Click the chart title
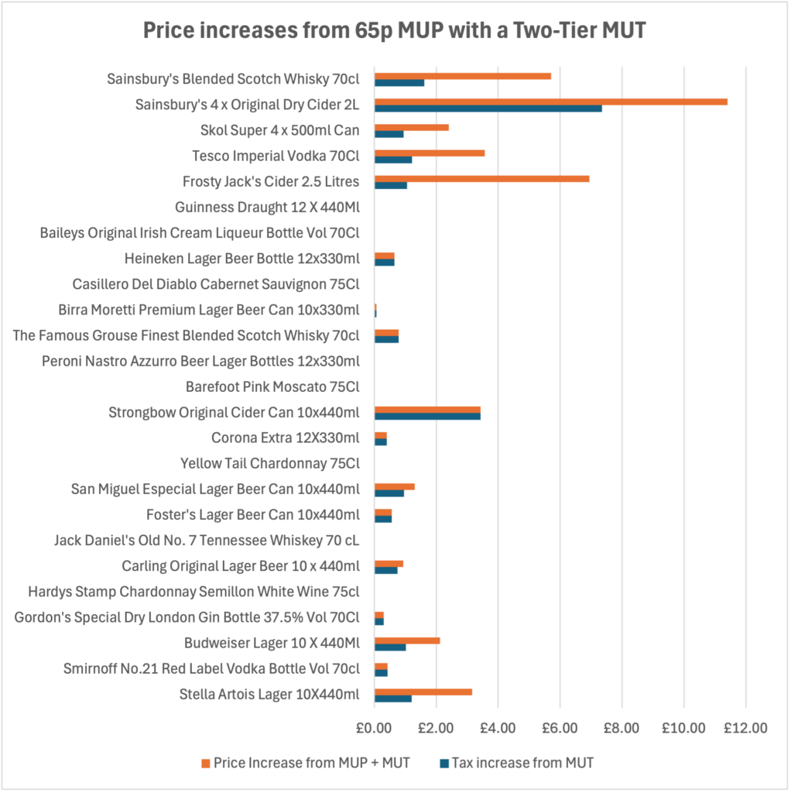[x=395, y=32]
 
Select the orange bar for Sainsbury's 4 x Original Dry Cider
[x=550, y=101]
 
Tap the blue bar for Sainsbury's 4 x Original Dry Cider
[x=488, y=108]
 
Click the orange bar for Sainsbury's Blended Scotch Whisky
[x=462, y=76]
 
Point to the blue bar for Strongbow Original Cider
[x=427, y=416]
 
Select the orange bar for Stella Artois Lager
[x=423, y=692]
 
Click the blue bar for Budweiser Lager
[x=390, y=647]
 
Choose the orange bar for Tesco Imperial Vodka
[x=429, y=153]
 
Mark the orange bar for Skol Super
[x=411, y=127]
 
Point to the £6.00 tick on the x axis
[x=560, y=728]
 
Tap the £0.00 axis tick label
[x=375, y=728]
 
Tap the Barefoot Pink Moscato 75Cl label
[x=272, y=386]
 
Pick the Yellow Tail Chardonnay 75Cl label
[x=270, y=463]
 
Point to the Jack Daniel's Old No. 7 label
[x=207, y=540]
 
